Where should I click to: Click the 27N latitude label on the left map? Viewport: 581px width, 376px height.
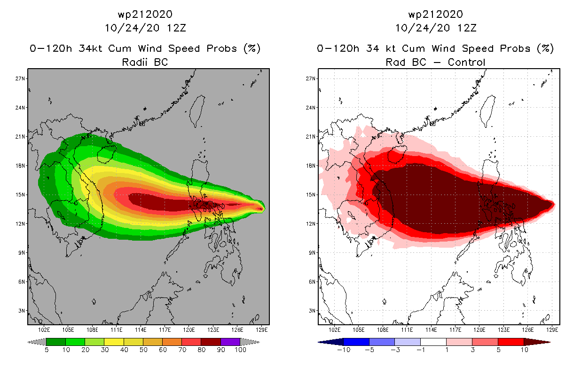[x=20, y=78]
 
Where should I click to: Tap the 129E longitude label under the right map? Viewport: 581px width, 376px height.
[x=552, y=330]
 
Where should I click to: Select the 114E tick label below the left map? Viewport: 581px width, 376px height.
[x=141, y=330]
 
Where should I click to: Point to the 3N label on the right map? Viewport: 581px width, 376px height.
[x=312, y=311]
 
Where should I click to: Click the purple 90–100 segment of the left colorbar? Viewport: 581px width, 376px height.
[x=230, y=342]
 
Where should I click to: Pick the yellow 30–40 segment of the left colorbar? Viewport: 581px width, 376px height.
[x=114, y=342]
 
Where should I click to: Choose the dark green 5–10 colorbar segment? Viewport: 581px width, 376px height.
[x=56, y=342]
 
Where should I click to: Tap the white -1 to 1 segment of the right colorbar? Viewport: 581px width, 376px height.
[x=433, y=342]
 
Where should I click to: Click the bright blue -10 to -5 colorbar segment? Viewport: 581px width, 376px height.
[x=356, y=342]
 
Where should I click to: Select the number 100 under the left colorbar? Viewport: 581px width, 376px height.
[x=241, y=350]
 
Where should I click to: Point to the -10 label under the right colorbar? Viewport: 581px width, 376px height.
[x=344, y=350]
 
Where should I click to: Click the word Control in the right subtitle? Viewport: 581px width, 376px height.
[x=466, y=62]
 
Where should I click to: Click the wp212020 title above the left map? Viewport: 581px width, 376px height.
[x=145, y=15]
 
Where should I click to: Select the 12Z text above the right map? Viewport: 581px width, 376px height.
[x=467, y=28]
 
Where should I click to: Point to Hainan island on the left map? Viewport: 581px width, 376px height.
[x=107, y=154]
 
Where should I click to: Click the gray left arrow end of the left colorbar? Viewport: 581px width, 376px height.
[x=37, y=342]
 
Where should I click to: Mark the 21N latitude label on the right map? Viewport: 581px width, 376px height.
[x=310, y=137]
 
